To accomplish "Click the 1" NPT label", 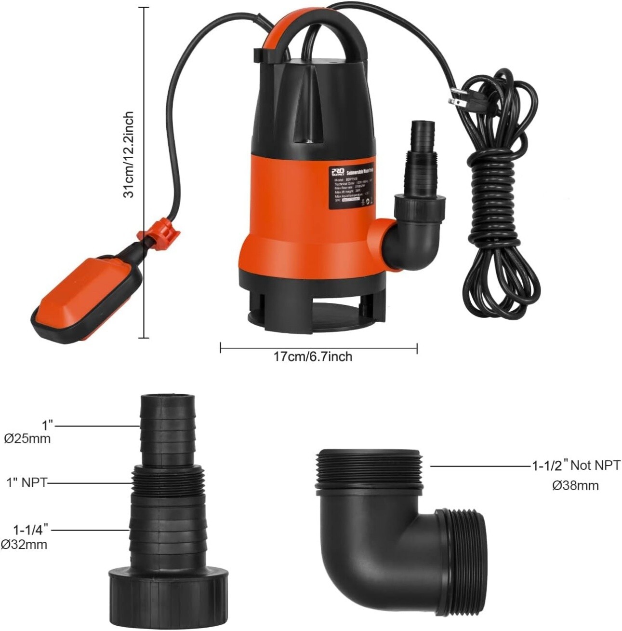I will pos(26,482).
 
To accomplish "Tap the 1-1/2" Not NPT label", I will pos(576,466).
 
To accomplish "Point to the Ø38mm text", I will pos(575,486).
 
